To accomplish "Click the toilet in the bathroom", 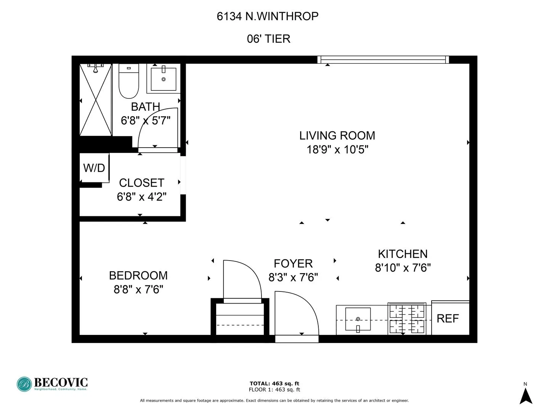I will coord(128,82).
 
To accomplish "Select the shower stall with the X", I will coord(95,100).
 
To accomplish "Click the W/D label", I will coord(94,168).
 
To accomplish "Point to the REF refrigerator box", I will coord(448,319).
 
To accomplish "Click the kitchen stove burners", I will coord(407,319).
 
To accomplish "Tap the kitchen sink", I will coord(358,319).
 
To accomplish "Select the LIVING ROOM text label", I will coord(337,135).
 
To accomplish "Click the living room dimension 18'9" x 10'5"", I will coord(337,150).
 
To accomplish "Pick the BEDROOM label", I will coord(138,275).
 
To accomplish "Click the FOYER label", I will coord(293,264).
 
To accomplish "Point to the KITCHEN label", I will coord(403,254).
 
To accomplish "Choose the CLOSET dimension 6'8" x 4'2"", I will coord(141,197).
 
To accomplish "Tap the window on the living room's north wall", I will coord(383,60).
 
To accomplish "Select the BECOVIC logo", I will coord(52,384).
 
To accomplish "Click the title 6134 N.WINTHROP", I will coord(268,16).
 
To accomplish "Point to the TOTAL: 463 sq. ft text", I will coord(274,383).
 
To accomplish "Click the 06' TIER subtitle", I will coord(268,39).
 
